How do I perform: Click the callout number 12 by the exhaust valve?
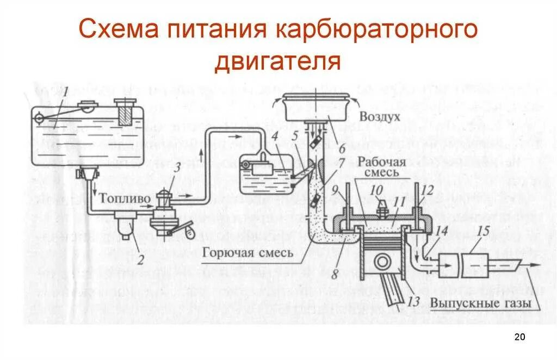pyautogui.click(x=427, y=190)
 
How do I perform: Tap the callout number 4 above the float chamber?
pyautogui.click(x=276, y=135)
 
